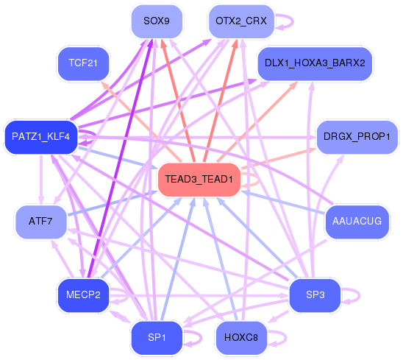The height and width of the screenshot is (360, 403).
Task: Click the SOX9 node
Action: [157, 21]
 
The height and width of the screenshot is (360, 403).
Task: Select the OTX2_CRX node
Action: [241, 21]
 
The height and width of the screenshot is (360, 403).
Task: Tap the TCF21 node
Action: [83, 63]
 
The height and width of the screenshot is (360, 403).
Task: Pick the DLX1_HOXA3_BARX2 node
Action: [315, 63]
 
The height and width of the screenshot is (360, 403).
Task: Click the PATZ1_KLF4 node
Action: [41, 137]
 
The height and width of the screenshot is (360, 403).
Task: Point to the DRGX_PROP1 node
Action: [357, 137]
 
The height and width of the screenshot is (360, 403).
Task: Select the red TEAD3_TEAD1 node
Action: [199, 180]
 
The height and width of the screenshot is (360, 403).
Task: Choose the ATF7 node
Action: [41, 222]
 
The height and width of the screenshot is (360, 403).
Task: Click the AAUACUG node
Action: [357, 222]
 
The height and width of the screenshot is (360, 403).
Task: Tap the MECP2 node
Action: [83, 295]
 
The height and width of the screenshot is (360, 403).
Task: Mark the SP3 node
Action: [315, 295]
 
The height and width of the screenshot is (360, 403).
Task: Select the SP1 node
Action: [157, 338]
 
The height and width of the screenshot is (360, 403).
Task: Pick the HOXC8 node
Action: [241, 338]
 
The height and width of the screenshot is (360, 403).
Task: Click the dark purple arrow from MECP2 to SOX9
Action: [121, 158]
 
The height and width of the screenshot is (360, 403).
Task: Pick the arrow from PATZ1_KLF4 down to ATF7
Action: [41, 180]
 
